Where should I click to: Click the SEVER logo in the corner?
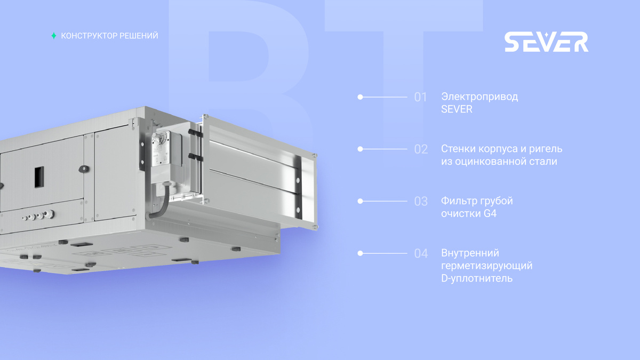click(546, 42)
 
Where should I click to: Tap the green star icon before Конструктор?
click(54, 36)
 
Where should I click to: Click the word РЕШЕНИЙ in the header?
click(139, 36)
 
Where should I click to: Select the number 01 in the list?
click(420, 97)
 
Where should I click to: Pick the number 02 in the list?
click(421, 149)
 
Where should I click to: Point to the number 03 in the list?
click(421, 202)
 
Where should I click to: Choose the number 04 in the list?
click(421, 253)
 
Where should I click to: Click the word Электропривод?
click(479, 97)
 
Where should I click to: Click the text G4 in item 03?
click(490, 213)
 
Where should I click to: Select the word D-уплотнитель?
click(477, 278)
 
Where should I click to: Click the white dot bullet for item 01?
click(361, 97)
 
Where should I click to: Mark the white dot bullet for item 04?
click(361, 253)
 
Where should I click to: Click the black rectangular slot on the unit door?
click(39, 177)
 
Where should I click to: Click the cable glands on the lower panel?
click(38, 215)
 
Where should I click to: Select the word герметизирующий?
click(487, 266)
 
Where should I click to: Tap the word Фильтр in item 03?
click(458, 201)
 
